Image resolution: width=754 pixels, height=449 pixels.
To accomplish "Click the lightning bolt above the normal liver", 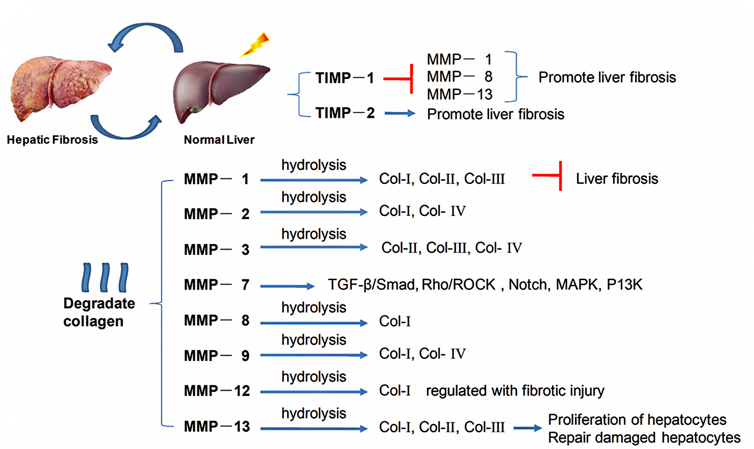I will pos(255,44).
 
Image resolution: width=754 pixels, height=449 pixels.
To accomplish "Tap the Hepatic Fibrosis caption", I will pos(52,140).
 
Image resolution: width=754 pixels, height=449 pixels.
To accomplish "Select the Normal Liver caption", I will pos(219,140).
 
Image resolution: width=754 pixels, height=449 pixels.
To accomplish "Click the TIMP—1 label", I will pos(344,78).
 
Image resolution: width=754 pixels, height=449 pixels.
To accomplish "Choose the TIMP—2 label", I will pos(345,113).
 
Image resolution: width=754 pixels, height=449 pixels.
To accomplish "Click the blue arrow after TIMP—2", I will pos(400,113).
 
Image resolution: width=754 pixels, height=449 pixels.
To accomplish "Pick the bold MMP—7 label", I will pos(217,285).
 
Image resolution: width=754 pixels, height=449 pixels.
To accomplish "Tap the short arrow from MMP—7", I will pos(287,286).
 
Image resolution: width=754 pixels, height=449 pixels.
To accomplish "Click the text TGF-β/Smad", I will pos(372,285).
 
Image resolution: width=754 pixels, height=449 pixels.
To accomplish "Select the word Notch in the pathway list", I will pos(529,285).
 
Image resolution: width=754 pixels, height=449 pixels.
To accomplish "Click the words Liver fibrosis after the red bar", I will pos(617,179).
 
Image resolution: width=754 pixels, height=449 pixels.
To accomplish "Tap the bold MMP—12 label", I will pos(217,391).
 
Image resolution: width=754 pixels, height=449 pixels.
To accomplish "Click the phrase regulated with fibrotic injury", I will pos(515,391).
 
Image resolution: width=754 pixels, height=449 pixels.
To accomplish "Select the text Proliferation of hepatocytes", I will pos(637,419).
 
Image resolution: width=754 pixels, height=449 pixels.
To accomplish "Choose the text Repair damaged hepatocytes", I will pos(644,437).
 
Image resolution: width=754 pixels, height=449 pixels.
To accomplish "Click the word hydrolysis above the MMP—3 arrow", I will pos(314,234).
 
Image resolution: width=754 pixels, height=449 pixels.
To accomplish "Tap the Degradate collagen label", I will pos(99,312).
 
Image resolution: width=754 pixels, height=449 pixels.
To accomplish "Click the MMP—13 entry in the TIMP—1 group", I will pos(460,94).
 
